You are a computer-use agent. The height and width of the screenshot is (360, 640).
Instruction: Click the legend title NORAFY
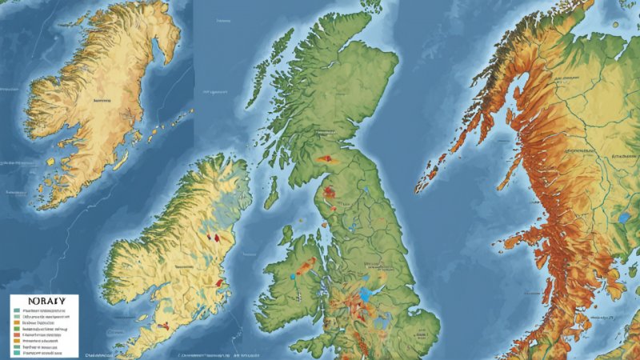(39, 301)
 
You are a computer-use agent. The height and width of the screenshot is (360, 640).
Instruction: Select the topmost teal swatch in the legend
(17, 311)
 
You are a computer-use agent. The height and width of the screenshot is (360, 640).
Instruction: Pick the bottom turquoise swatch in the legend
(17, 353)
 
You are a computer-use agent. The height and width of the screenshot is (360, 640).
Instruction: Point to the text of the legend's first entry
(45, 311)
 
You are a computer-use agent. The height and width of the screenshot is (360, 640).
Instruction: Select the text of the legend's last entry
(42, 353)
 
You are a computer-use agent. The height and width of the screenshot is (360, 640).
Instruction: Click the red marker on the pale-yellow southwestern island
(215, 238)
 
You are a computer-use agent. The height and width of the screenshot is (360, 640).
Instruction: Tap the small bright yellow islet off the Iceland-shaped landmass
(50, 162)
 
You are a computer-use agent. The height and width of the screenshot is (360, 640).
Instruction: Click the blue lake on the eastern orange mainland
(624, 217)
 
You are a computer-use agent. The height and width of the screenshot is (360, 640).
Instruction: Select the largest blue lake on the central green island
(365, 294)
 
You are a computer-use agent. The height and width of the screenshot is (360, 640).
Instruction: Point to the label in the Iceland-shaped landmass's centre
(102, 102)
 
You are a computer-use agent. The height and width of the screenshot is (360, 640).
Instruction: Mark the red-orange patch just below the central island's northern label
(324, 158)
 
